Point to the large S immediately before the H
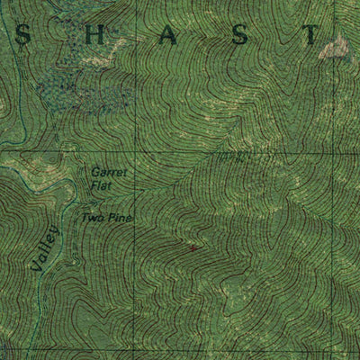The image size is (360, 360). pos(24,35)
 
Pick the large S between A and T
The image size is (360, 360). pos(238,35)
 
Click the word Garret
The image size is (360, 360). pos(110,171)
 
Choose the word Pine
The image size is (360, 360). pos(120,219)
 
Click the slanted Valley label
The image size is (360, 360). pos(42,248)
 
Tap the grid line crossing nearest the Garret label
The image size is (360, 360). pos(137,150)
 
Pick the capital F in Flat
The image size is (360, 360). pos(91,185)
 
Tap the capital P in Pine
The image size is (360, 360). pos(110,219)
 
